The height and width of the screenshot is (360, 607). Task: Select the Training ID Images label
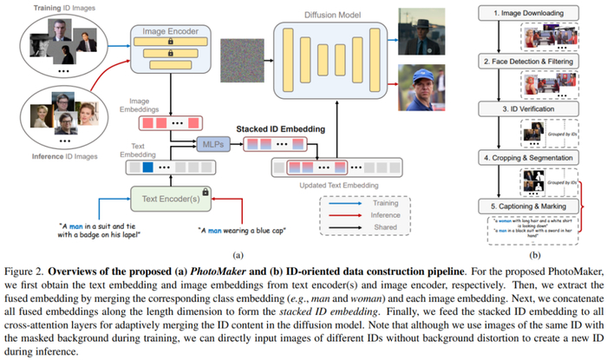(x=52, y=6)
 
